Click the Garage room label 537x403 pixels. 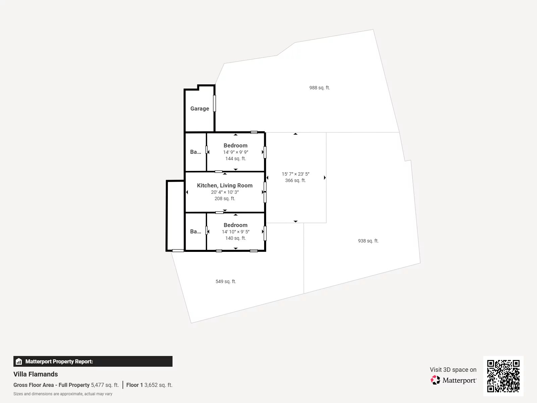[199, 108]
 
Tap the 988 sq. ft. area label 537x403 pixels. [320, 88]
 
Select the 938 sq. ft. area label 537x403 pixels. [368, 241]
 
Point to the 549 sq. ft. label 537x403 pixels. [226, 281]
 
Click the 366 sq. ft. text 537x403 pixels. [295, 180]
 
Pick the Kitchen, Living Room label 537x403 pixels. [225, 185]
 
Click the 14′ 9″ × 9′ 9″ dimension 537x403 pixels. [236, 152]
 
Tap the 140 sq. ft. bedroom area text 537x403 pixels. [236, 238]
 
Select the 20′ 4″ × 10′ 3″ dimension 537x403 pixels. [225, 192]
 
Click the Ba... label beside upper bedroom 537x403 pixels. [195, 152]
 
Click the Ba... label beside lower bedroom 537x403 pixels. [195, 231]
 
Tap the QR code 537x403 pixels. [503, 376]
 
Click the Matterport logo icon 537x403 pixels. [435, 380]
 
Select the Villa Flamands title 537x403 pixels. [36, 374]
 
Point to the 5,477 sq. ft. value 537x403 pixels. [105, 385]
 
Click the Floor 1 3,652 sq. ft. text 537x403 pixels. [149, 385]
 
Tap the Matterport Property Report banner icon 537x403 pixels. [19, 361]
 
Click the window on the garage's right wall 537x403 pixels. [214, 103]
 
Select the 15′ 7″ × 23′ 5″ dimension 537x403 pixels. [295, 174]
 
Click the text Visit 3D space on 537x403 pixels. [453, 369]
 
